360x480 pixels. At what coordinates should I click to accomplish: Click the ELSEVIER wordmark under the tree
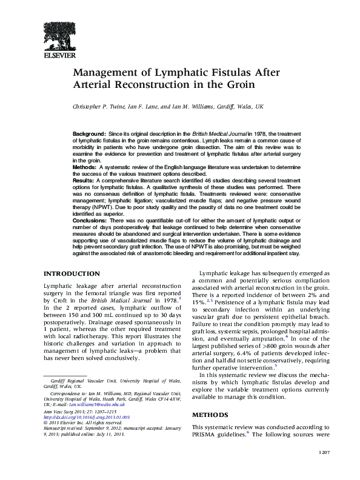(x=58, y=56)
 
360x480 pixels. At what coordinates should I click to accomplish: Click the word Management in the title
(x=105, y=73)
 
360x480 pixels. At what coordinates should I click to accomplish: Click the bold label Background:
(x=89, y=133)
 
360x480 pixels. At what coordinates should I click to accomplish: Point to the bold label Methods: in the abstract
(x=85, y=165)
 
